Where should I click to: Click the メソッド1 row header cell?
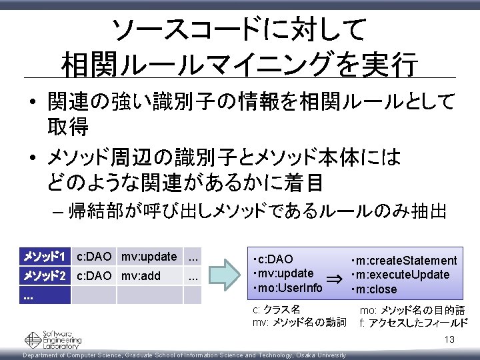point(44,257)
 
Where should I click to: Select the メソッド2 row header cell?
point(44,275)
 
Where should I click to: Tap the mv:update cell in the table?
point(149,257)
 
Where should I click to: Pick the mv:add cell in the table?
point(141,275)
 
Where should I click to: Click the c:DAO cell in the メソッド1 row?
point(94,257)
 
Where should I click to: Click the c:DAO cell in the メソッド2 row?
point(94,275)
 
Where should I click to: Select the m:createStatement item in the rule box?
point(404,260)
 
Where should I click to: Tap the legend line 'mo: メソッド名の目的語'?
point(412,310)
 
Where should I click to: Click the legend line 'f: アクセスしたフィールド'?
point(413,323)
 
